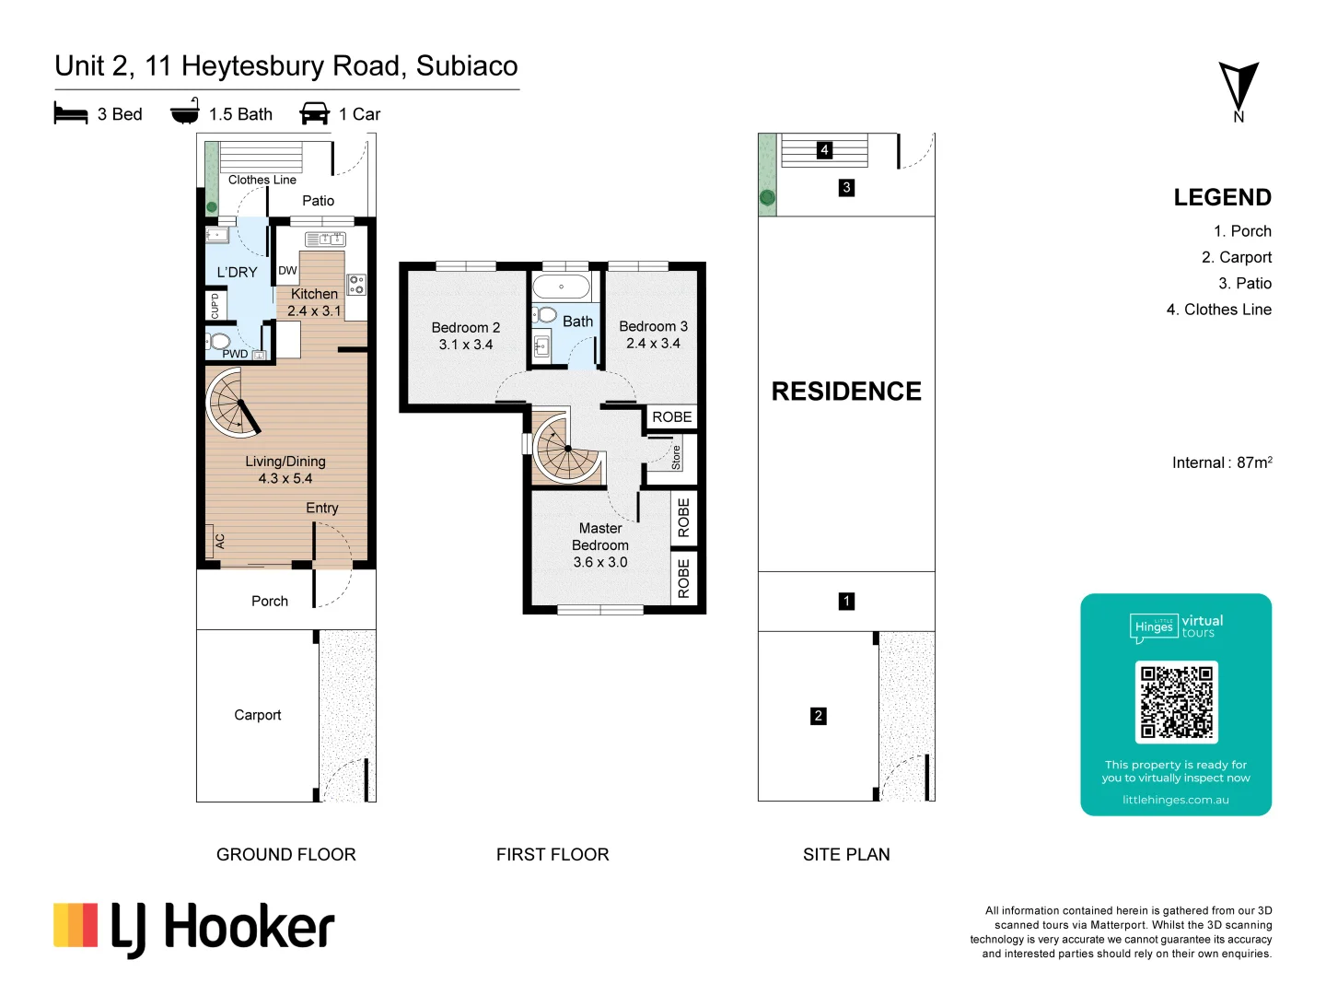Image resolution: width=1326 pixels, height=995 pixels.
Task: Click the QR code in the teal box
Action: click(x=1176, y=702)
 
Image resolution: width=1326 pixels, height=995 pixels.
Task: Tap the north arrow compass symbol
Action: click(x=1239, y=88)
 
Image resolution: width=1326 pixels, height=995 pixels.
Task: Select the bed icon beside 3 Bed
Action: click(x=71, y=114)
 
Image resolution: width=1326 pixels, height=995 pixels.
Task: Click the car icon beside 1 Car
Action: click(x=315, y=114)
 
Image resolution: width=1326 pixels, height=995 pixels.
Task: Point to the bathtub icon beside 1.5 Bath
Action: click(x=185, y=111)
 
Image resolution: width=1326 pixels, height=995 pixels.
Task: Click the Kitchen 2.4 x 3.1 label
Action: click(x=314, y=302)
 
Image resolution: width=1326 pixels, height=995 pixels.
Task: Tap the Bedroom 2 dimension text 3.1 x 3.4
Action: click(x=466, y=345)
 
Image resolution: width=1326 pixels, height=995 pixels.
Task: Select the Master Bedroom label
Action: click(x=600, y=536)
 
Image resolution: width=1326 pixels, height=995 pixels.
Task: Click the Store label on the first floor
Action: click(x=676, y=458)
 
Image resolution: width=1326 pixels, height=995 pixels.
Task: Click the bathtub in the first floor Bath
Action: click(x=561, y=287)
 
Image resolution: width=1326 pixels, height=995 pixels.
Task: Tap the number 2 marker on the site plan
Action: click(x=818, y=716)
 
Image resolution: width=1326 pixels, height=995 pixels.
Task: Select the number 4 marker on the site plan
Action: click(x=824, y=149)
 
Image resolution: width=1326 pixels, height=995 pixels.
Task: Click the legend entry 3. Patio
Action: click(x=1244, y=284)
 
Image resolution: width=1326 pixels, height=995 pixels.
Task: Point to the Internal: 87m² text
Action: click(x=1221, y=462)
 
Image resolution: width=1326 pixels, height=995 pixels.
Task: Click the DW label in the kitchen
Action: click(x=287, y=271)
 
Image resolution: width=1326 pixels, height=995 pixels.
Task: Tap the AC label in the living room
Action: click(x=220, y=542)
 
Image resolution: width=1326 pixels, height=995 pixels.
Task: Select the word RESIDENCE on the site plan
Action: click(x=845, y=392)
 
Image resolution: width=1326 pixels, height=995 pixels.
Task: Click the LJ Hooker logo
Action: click(x=194, y=928)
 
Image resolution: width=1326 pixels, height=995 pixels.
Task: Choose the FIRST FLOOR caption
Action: click(x=552, y=855)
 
